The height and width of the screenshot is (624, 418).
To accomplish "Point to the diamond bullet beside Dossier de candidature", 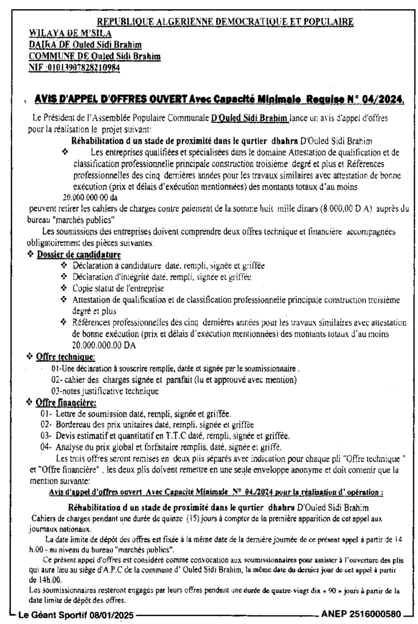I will click(x=32, y=254).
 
